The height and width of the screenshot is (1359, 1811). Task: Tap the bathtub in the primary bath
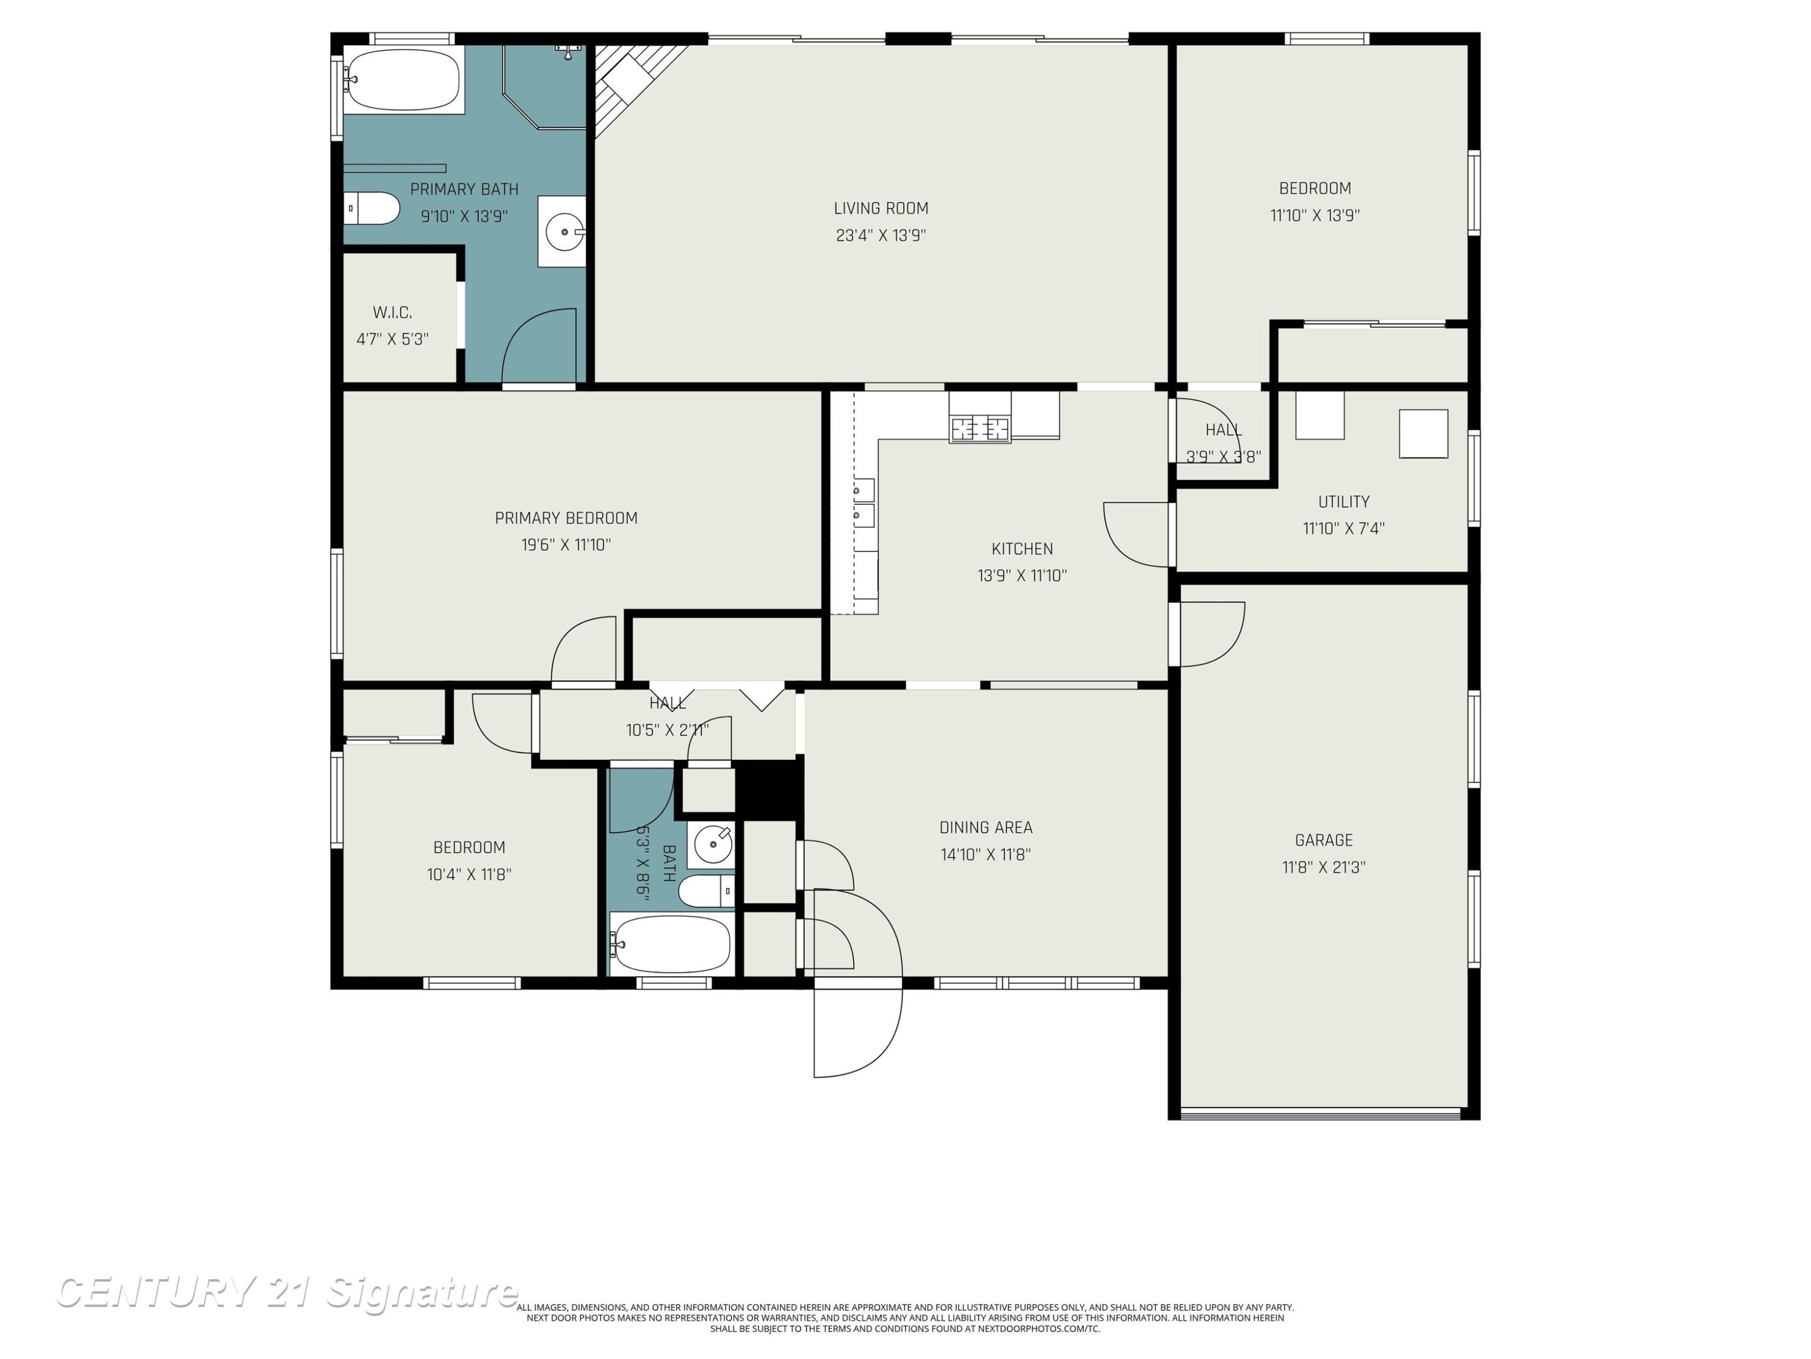coord(403,80)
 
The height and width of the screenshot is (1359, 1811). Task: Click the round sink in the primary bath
coord(565,232)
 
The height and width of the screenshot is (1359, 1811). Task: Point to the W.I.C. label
coord(392,312)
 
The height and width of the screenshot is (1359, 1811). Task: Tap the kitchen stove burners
coord(979,428)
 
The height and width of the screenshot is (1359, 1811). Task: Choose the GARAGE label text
coord(1323,840)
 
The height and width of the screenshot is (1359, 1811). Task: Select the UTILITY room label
coord(1344,501)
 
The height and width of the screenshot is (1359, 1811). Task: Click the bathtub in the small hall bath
coord(671,943)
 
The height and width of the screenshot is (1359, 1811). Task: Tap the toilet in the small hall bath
coord(706,890)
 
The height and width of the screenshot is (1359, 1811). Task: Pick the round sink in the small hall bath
coord(713,844)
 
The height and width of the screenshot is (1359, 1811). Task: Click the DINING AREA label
coord(986,827)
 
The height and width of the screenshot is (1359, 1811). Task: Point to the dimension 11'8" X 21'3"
coord(1323,867)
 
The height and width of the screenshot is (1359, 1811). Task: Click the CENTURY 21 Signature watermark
coord(287,1293)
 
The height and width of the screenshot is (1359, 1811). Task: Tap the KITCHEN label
coord(1022,549)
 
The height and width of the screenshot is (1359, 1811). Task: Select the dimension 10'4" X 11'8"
coord(469,874)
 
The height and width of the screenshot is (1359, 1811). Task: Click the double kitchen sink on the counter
coord(864,503)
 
